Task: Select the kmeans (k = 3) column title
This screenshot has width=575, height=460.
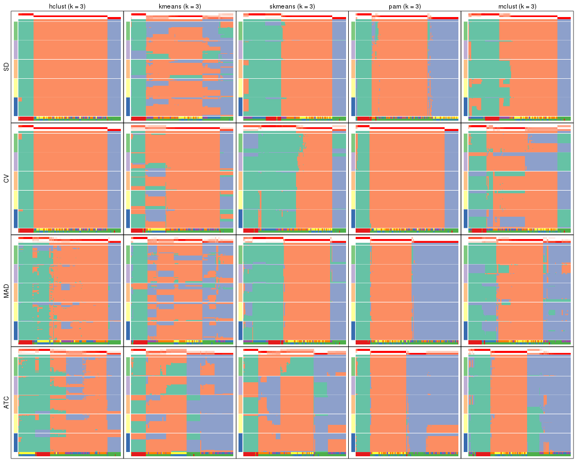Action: tap(180, 6)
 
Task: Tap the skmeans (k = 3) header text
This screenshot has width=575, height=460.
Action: tap(292, 6)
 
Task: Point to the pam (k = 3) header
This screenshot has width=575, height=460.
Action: tap(405, 6)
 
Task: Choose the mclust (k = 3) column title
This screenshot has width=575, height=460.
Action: tap(517, 6)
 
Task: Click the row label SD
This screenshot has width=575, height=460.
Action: tap(6, 67)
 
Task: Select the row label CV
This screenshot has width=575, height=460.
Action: tap(6, 179)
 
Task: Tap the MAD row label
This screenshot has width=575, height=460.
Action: tap(6, 291)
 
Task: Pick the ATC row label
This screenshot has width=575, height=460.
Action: tap(6, 403)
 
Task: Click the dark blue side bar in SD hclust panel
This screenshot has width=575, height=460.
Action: tap(16, 106)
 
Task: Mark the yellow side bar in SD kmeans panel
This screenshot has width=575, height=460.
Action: tap(128, 87)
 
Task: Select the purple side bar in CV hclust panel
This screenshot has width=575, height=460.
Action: tap(16, 161)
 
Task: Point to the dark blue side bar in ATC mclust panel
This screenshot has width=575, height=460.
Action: tap(465, 442)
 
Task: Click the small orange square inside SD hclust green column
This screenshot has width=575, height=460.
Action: tap(20, 100)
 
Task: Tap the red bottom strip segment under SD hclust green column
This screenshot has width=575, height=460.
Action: tap(26, 118)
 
